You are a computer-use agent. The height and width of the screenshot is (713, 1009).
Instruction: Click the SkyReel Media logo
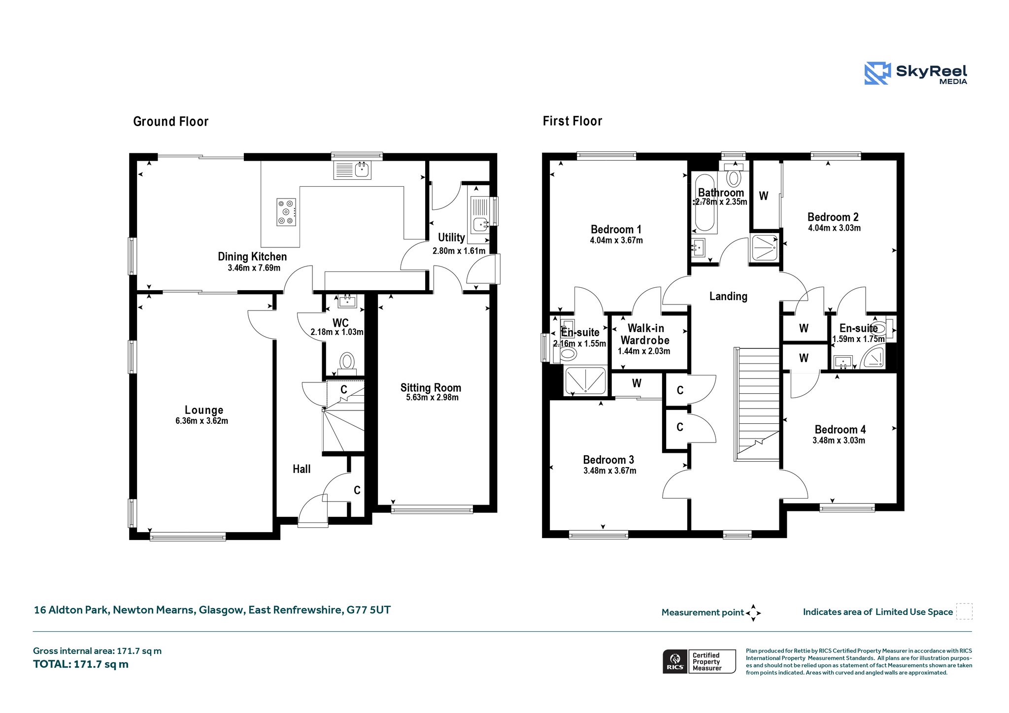(x=915, y=73)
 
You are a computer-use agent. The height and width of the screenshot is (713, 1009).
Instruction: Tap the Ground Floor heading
(x=171, y=122)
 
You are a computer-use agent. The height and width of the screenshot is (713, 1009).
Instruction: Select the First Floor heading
(x=572, y=121)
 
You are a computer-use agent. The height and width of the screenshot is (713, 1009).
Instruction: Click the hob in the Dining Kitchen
(x=286, y=212)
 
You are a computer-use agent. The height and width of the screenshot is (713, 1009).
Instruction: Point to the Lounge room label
(x=204, y=410)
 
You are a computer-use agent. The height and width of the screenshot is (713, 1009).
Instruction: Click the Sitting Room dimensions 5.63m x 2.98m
(x=432, y=398)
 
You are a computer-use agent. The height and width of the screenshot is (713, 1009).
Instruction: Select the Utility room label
(x=451, y=238)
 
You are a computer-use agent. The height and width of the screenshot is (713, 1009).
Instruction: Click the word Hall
(x=302, y=469)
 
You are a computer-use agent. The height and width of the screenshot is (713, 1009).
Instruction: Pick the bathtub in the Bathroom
(x=704, y=202)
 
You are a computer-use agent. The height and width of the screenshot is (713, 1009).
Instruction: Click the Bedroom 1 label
(x=616, y=230)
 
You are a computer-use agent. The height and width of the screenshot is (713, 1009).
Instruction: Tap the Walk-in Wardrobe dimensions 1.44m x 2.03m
(x=644, y=351)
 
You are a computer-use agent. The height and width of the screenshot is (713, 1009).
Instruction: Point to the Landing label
(x=728, y=296)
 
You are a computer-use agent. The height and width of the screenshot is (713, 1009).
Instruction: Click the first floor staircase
(x=757, y=404)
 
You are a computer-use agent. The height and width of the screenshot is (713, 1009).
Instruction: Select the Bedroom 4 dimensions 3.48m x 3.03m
(x=839, y=441)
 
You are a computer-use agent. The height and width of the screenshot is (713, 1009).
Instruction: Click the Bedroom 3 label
(x=608, y=460)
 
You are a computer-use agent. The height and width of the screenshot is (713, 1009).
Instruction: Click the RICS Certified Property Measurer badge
(x=699, y=661)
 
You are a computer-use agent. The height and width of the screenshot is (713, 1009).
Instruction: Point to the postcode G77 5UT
(x=369, y=610)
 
